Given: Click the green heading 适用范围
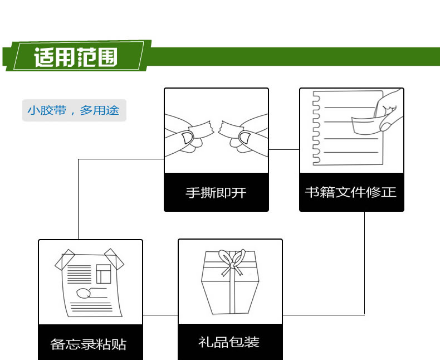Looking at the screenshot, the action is coord(76,57).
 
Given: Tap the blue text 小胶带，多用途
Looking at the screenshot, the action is coord(73,110).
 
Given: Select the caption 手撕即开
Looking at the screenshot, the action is coord(216,193).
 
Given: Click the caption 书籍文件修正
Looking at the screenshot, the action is coord(351,192).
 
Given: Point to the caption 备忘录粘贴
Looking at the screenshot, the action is coord(89,344).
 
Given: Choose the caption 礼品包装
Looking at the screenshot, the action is coord(229,342).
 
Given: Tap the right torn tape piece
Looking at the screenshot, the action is coord(231,129).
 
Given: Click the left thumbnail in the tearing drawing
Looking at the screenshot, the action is coord(187,138).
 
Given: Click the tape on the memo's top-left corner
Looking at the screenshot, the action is coord(65,260).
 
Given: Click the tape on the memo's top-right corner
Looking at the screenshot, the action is coord(114,259).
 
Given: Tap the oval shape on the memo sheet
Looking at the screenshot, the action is coord(84,293).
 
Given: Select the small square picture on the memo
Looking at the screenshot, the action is coord(104,274).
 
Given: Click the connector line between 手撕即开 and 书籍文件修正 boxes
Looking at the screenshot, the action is coord(284,150).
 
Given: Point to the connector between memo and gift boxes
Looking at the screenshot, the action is coord(160,315).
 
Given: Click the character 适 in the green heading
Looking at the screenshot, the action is coord(44,57).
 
